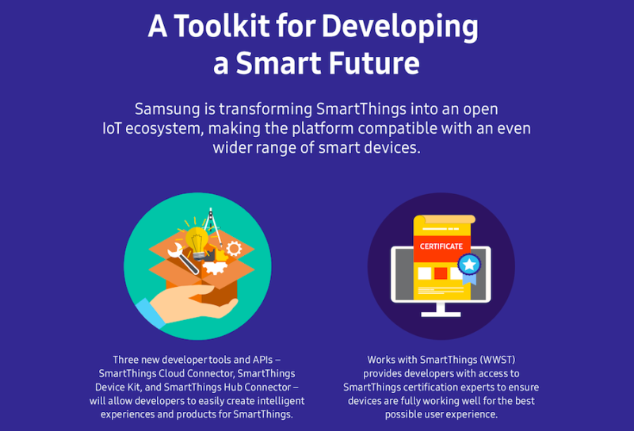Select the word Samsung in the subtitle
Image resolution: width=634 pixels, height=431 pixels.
pyautogui.click(x=167, y=109)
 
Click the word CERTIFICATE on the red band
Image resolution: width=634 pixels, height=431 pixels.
pyautogui.click(x=441, y=246)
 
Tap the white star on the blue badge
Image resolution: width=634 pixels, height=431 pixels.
pyautogui.click(x=470, y=264)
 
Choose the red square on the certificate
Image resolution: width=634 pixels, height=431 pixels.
pyautogui.click(x=441, y=273)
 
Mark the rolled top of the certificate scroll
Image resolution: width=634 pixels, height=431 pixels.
pyautogui.click(x=444, y=219)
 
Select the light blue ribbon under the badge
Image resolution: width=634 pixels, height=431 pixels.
pyautogui.click(x=470, y=279)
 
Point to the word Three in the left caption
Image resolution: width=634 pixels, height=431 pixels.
pyautogui.click(x=127, y=360)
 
